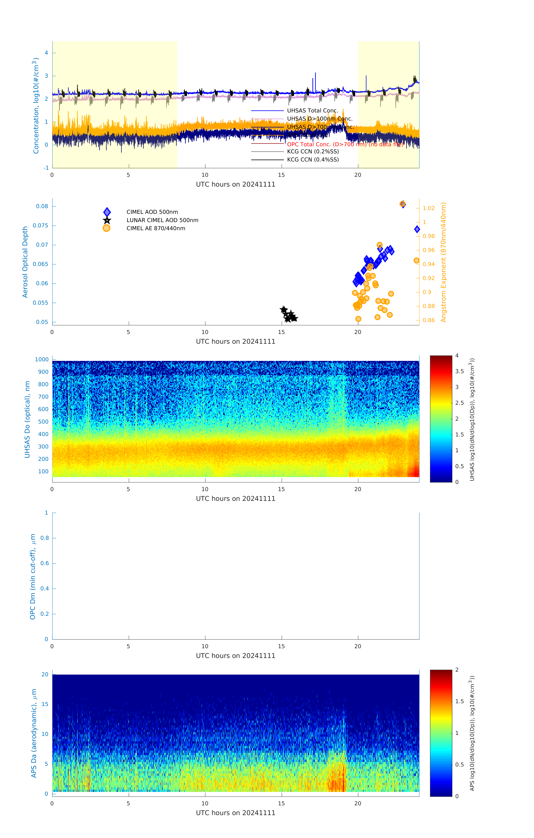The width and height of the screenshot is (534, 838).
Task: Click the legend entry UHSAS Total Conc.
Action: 312,111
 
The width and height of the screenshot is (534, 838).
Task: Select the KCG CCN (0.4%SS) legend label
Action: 313,160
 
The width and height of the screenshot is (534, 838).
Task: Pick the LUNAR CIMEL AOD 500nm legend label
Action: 162,220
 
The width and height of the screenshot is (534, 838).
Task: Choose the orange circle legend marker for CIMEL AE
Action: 107,228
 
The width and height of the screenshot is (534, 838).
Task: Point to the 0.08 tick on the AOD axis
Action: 42,206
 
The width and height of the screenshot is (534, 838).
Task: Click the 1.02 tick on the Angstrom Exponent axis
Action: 429,208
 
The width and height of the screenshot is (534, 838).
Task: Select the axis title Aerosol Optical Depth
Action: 25,262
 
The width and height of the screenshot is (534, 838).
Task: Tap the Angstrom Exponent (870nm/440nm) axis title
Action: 444,262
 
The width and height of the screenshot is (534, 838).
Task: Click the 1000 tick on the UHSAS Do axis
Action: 42,360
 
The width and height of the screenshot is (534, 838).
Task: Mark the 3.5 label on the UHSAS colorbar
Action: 460,371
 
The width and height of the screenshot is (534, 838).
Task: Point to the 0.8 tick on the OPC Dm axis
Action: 45,538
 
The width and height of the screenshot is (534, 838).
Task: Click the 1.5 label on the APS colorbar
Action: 460,701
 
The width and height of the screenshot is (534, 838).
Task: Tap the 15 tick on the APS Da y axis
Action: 45,704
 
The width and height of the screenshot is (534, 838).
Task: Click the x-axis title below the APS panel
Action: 236,813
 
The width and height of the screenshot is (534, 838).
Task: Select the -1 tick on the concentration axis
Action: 46,168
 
